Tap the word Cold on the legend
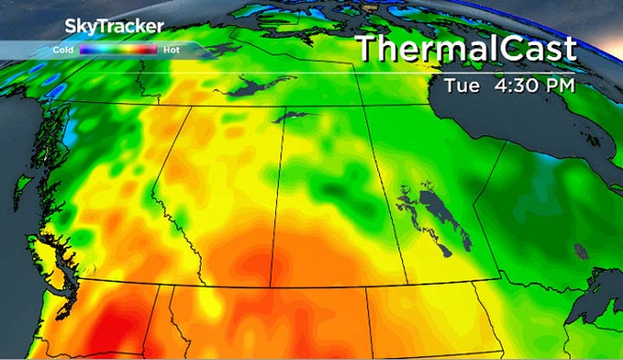tap(62, 50)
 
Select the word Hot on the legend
tap(170, 50)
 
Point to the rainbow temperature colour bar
tap(118, 50)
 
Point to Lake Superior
tap(606, 294)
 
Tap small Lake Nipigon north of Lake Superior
tap(581, 252)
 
